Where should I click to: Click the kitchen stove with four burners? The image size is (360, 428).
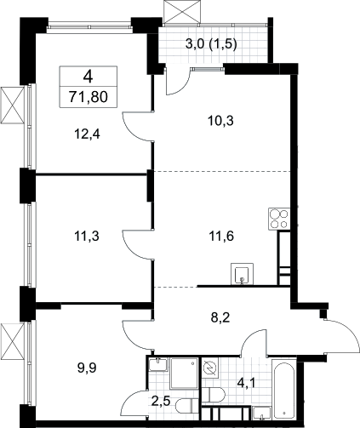click(279, 219)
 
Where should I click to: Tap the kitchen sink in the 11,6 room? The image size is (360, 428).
click(242, 274)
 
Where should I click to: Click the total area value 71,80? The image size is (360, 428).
click(89, 97)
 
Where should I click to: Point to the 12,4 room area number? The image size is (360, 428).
click(88, 134)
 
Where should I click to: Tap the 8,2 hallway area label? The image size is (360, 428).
click(220, 317)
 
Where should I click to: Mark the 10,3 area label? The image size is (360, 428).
click(220, 121)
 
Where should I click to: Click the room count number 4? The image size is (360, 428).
click(89, 77)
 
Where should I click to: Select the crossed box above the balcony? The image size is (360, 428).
click(183, 12)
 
